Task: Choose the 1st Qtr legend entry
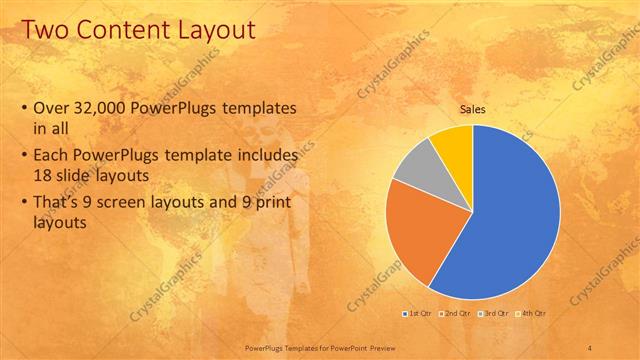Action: pos(419,314)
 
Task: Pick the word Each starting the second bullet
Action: pos(52,157)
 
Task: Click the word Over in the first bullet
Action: pos(52,109)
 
